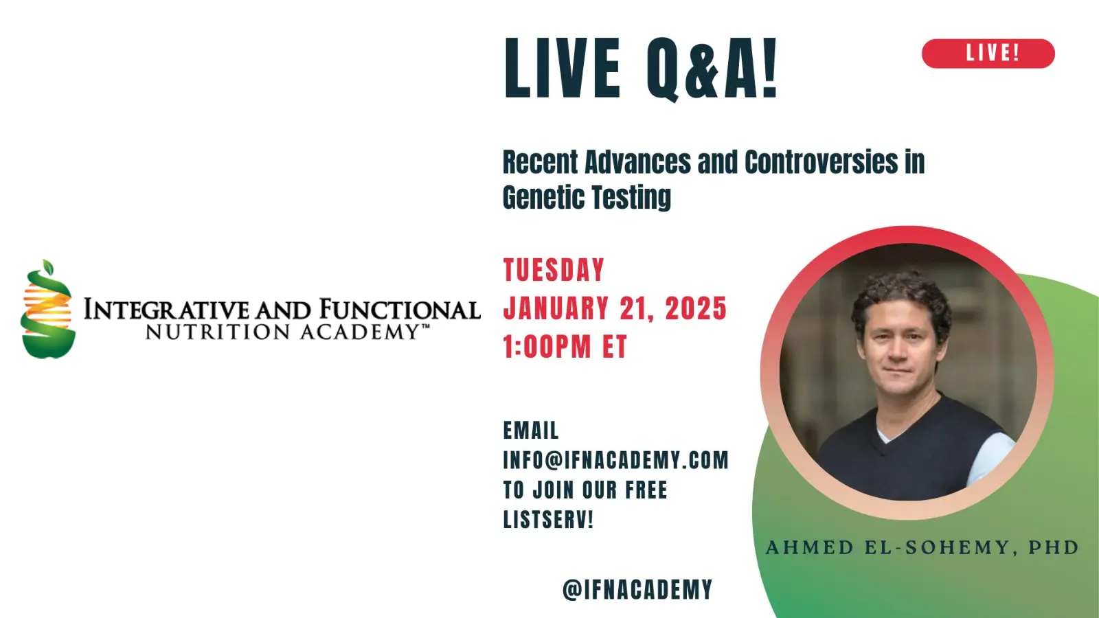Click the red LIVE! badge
(988, 54)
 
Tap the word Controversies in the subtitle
(822, 162)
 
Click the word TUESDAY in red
(554, 270)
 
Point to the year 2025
(696, 308)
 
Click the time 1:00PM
(547, 347)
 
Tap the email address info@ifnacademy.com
(615, 460)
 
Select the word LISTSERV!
(549, 519)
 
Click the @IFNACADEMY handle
(637, 589)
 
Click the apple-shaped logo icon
(47, 309)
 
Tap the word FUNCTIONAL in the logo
(400, 310)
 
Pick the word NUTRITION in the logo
(218, 332)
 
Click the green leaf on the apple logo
(47, 267)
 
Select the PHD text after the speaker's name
(1054, 547)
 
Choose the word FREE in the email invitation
(646, 490)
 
